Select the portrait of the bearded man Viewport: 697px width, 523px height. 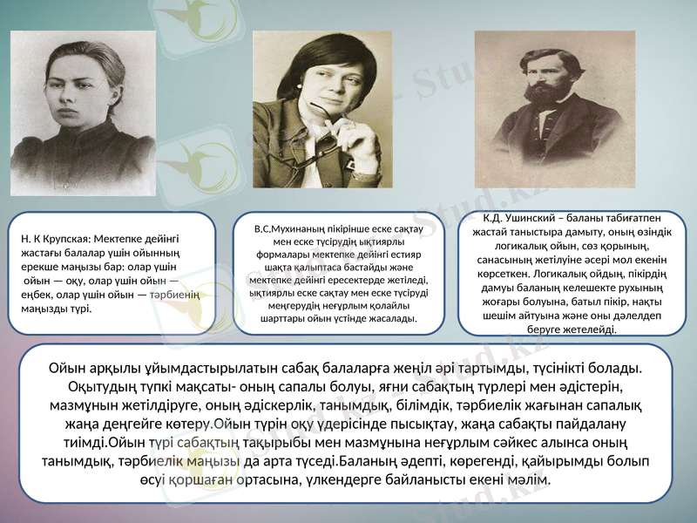[554, 109]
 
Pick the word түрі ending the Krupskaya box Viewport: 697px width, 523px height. [78, 309]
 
